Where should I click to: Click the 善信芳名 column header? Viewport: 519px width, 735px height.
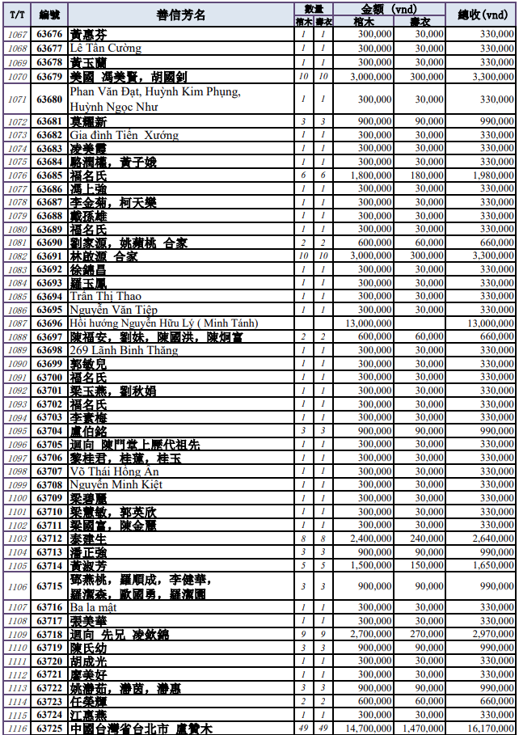coord(180,15)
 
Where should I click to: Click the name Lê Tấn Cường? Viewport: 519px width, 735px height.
coord(105,49)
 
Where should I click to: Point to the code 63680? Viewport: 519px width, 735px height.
coord(49,99)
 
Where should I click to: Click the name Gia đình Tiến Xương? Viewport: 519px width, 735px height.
coord(124,135)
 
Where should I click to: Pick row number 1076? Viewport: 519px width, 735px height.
coord(17,175)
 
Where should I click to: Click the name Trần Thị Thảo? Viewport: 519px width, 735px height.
coord(105,297)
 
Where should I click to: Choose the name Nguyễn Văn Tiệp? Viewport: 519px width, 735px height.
coord(112,310)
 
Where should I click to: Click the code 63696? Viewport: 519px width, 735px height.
coord(49,323)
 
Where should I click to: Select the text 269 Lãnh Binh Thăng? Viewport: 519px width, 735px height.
coord(123,350)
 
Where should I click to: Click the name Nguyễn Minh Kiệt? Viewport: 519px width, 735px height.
coord(116,485)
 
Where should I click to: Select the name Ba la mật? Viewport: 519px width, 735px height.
coord(93,607)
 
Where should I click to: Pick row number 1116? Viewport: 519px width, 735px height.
coord(17,729)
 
